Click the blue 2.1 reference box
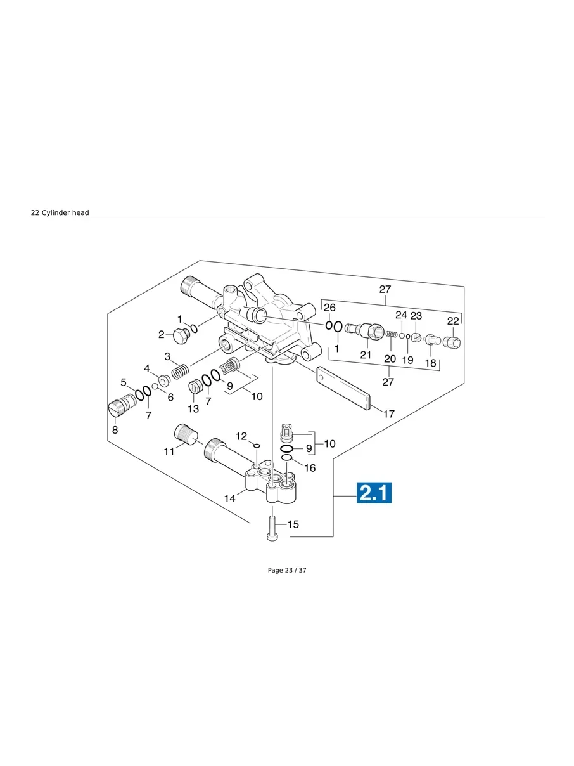[x=374, y=493]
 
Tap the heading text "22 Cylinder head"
[x=60, y=212]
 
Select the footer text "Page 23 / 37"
[x=287, y=570]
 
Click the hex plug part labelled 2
[x=181, y=337]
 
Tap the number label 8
[x=115, y=429]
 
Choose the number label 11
[x=169, y=451]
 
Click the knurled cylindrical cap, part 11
[x=186, y=434]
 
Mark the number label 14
[x=229, y=498]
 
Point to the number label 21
[x=366, y=354]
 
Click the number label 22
[x=453, y=321]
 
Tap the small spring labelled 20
[x=392, y=334]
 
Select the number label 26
[x=329, y=308]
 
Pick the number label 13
[x=193, y=409]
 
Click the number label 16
[x=309, y=468]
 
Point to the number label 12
[x=241, y=436]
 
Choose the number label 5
[x=124, y=382]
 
